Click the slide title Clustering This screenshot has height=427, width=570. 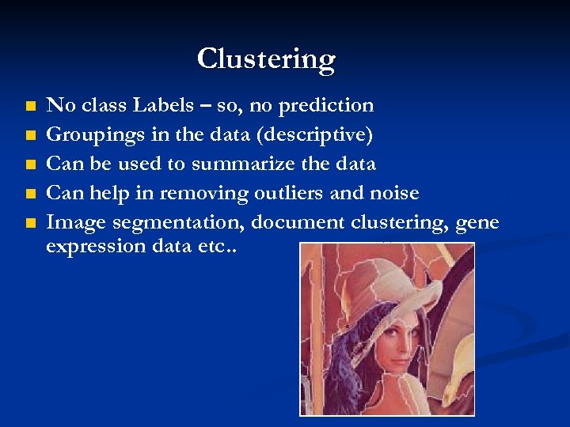(x=266, y=59)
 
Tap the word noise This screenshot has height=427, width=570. (x=392, y=193)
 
